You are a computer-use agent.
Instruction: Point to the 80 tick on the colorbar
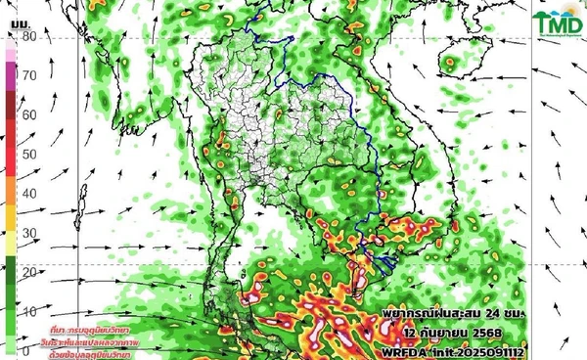pos(29,36)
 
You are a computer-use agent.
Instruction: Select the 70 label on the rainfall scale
pos(29,75)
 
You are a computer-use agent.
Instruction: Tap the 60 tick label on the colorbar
pos(29,114)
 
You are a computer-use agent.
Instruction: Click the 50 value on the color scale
pos(29,154)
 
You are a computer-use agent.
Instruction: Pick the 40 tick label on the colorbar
pos(29,194)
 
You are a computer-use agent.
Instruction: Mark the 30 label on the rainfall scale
pos(29,233)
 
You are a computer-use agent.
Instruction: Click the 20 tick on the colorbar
pos(29,272)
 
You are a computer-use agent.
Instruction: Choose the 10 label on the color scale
pos(29,311)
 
